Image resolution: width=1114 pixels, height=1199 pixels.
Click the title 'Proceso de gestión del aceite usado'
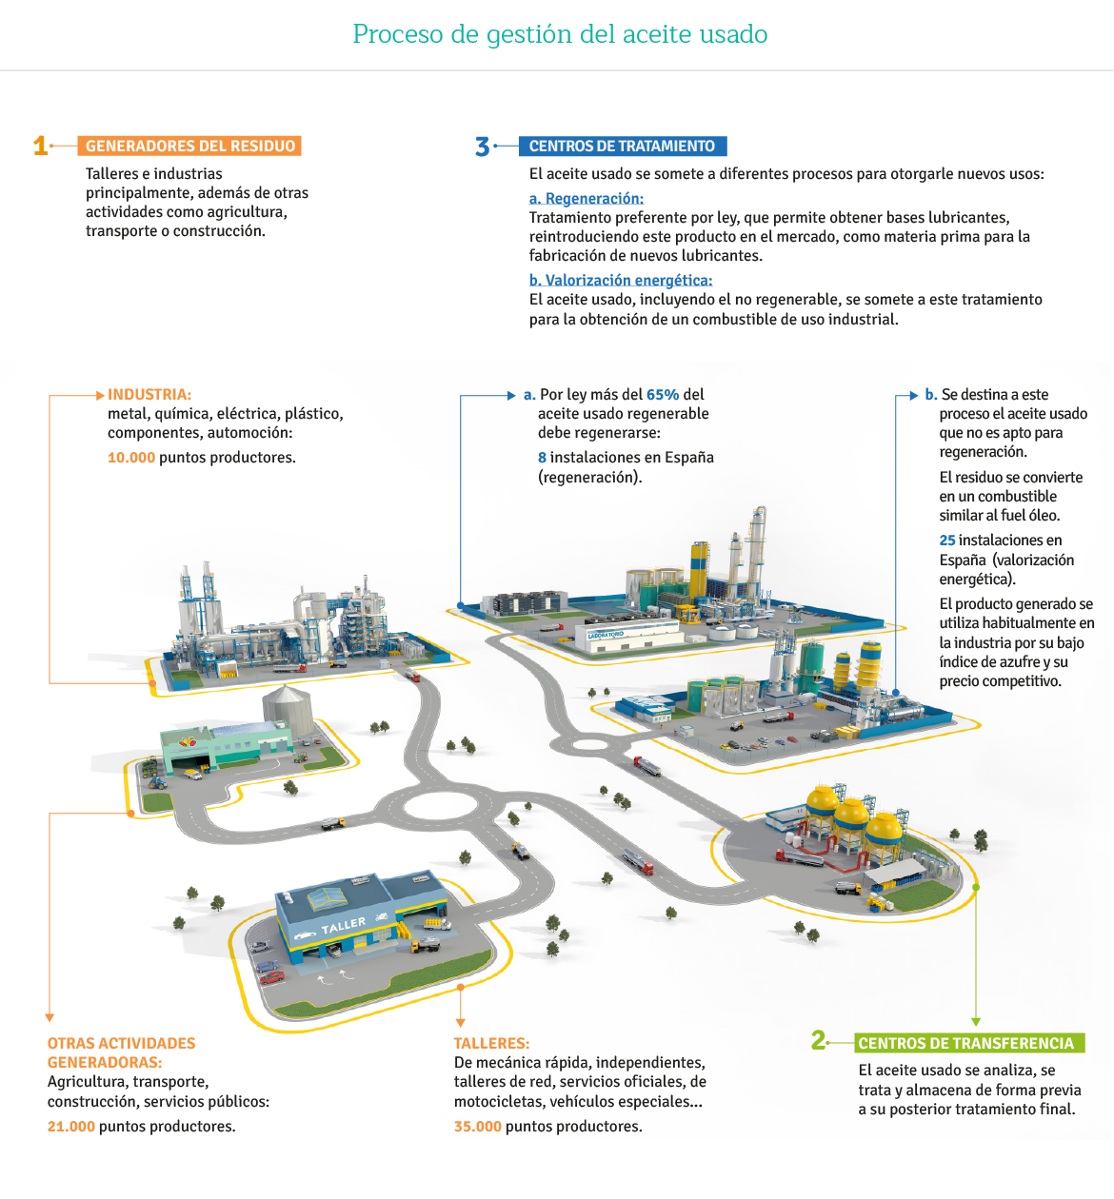[560, 34]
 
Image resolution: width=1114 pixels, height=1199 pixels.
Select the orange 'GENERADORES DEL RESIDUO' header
[189, 147]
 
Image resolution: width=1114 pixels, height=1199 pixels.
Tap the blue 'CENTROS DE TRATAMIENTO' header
[623, 147]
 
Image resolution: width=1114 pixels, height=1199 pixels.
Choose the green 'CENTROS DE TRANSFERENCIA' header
[969, 1043]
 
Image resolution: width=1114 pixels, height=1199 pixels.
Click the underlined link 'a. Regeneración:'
[586, 199]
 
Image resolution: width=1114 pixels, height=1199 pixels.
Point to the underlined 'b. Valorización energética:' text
[621, 280]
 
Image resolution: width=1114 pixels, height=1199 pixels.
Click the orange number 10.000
[131, 458]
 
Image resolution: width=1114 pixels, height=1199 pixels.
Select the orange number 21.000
[71, 1127]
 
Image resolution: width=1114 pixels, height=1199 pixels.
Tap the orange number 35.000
[478, 1127]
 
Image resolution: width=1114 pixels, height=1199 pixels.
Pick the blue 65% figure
[663, 395]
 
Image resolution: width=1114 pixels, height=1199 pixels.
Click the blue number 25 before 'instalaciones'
[947, 541]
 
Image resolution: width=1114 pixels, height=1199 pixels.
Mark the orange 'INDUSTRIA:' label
[149, 395]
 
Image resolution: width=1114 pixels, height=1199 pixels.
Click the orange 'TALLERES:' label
[491, 1043]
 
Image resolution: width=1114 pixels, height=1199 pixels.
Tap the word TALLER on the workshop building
[343, 925]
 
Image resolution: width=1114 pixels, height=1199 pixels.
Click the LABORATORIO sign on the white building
[606, 635]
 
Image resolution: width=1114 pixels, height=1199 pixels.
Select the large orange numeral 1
[41, 147]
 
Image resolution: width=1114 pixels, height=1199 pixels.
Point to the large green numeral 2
[819, 1040]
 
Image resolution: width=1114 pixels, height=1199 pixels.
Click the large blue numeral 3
[482, 147]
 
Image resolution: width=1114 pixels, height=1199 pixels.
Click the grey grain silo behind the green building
[288, 710]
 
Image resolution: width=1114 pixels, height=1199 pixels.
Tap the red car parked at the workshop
[272, 977]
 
